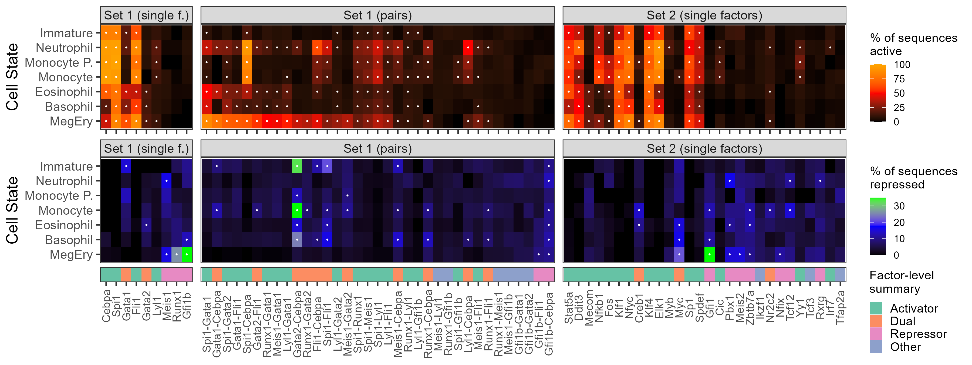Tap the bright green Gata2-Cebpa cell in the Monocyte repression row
pyautogui.click(x=297, y=210)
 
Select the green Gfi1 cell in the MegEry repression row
pyautogui.click(x=709, y=254)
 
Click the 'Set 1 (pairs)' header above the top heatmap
pyautogui.click(x=377, y=15)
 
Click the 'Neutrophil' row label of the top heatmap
pyautogui.click(x=64, y=48)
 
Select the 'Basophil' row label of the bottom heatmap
pyautogui.click(x=69, y=240)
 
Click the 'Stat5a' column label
pyautogui.click(x=569, y=308)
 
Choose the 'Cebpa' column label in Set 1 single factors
pyautogui.click(x=106, y=306)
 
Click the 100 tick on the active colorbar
pyautogui.click(x=902, y=65)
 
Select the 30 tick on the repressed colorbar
pyautogui.click(x=899, y=206)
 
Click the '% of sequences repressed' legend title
pyautogui.click(x=913, y=178)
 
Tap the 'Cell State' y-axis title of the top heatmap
pyautogui.click(x=12, y=77)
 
